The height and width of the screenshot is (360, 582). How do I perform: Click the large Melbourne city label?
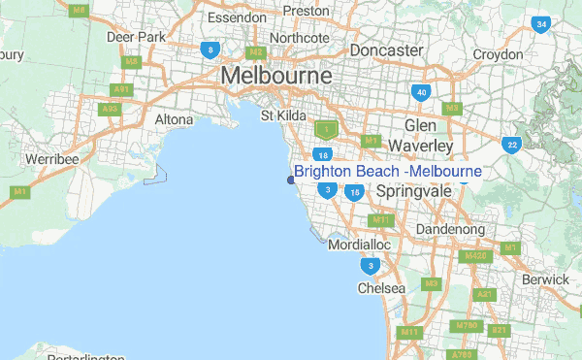(276, 76)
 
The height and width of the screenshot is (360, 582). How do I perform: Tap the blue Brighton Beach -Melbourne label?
(387, 172)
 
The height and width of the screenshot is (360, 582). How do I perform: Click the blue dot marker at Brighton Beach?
(290, 180)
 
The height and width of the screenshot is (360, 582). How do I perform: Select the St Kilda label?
(283, 116)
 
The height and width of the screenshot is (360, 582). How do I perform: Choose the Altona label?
(175, 120)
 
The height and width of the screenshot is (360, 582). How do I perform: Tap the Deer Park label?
(133, 38)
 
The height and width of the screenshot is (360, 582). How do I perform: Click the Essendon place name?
(236, 17)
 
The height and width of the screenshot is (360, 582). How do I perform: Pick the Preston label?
(306, 12)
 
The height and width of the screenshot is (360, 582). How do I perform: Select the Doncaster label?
(386, 49)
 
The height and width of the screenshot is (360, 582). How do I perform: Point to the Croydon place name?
(498, 54)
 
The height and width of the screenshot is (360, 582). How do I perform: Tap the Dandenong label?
(449, 229)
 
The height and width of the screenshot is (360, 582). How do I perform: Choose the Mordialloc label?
(359, 246)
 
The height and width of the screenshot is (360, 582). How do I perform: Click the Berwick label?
(545, 279)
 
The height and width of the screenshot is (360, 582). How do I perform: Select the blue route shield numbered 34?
(541, 24)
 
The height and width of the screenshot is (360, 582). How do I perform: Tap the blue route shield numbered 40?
(420, 93)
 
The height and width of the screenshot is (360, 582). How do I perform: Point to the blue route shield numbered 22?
(510, 145)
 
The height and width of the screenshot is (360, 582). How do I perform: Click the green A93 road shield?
(110, 109)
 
